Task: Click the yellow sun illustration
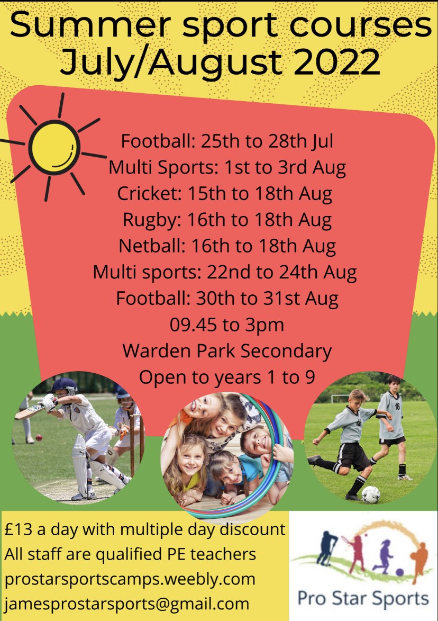pyautogui.click(x=54, y=147)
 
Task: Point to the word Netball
pyautogui.click(x=152, y=246)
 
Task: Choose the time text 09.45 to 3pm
pyautogui.click(x=227, y=325)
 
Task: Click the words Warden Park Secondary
pyautogui.click(x=227, y=351)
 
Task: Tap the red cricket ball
pyautogui.click(x=39, y=437)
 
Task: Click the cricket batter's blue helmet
pyautogui.click(x=63, y=385)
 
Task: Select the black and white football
pyautogui.click(x=370, y=494)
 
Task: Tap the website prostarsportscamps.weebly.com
pyautogui.click(x=130, y=579)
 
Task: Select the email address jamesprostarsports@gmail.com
pyautogui.click(x=126, y=605)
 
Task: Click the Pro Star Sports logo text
pyautogui.click(x=363, y=598)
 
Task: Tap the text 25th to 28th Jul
pyautogui.click(x=267, y=141)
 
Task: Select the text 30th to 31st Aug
pyautogui.click(x=267, y=299)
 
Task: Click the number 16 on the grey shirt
pyautogui.click(x=397, y=407)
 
